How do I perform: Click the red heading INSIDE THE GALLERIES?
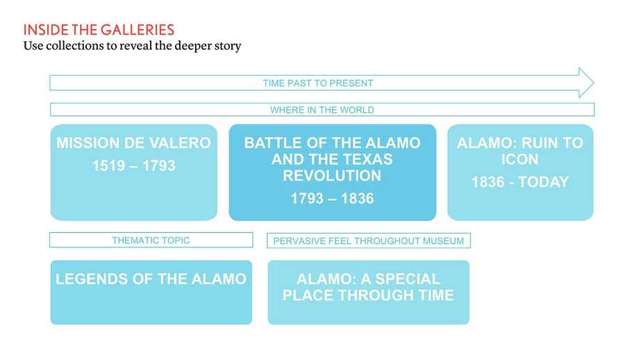(x=99, y=30)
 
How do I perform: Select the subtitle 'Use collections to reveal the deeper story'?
(x=132, y=46)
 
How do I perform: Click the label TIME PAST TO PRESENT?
(x=318, y=83)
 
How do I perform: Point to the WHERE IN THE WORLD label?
(x=322, y=110)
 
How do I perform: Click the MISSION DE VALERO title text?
(x=133, y=143)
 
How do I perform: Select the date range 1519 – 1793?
(x=133, y=166)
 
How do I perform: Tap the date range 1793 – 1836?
(x=332, y=199)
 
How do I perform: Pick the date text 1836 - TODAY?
(x=520, y=182)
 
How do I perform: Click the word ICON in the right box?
(x=520, y=160)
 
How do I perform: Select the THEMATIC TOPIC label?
(x=151, y=240)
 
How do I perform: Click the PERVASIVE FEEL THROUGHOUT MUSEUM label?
(x=368, y=241)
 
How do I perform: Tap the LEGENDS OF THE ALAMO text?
(x=151, y=279)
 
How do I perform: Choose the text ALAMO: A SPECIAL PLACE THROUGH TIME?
(x=368, y=287)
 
